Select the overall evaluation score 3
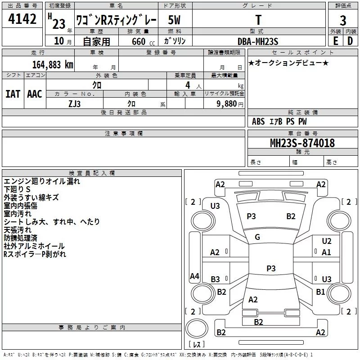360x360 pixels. [343, 20]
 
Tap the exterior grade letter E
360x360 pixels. [335, 40]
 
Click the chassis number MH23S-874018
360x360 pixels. [302, 143]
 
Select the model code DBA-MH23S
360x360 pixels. [258, 41]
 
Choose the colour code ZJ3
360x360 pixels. [75, 103]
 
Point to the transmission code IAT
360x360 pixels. [13, 94]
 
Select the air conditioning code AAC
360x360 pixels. [34, 94]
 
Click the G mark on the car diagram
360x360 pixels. [257, 237]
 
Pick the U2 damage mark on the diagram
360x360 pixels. [327, 241]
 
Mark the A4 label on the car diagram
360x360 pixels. [194, 276]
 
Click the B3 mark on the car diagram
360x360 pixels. [215, 279]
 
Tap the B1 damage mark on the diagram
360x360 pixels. [320, 292]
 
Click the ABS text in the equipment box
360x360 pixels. [258, 121]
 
